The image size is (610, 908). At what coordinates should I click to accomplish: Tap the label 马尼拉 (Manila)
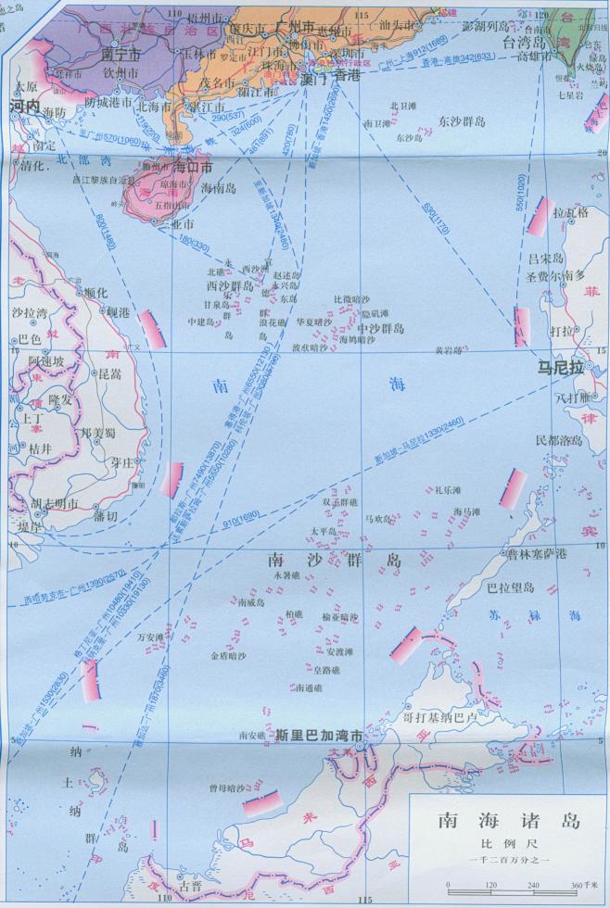coord(564,368)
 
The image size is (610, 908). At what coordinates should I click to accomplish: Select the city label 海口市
coord(193,168)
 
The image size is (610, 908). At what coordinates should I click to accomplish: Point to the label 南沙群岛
coord(334,560)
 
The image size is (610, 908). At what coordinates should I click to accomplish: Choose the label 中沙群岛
coord(380,328)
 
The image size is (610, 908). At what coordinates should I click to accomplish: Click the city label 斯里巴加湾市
coord(319,736)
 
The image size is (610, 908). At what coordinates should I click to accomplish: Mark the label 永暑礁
coord(286,575)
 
